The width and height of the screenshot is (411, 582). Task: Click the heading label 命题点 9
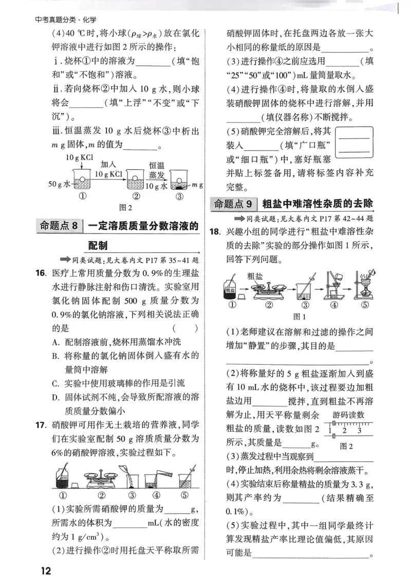(x=234, y=204)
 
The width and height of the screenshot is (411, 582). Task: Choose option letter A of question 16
(x=55, y=342)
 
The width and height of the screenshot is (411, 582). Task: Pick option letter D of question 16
(x=55, y=397)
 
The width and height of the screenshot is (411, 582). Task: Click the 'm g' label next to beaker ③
(x=197, y=185)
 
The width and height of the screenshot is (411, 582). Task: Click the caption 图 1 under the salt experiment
(x=298, y=316)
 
